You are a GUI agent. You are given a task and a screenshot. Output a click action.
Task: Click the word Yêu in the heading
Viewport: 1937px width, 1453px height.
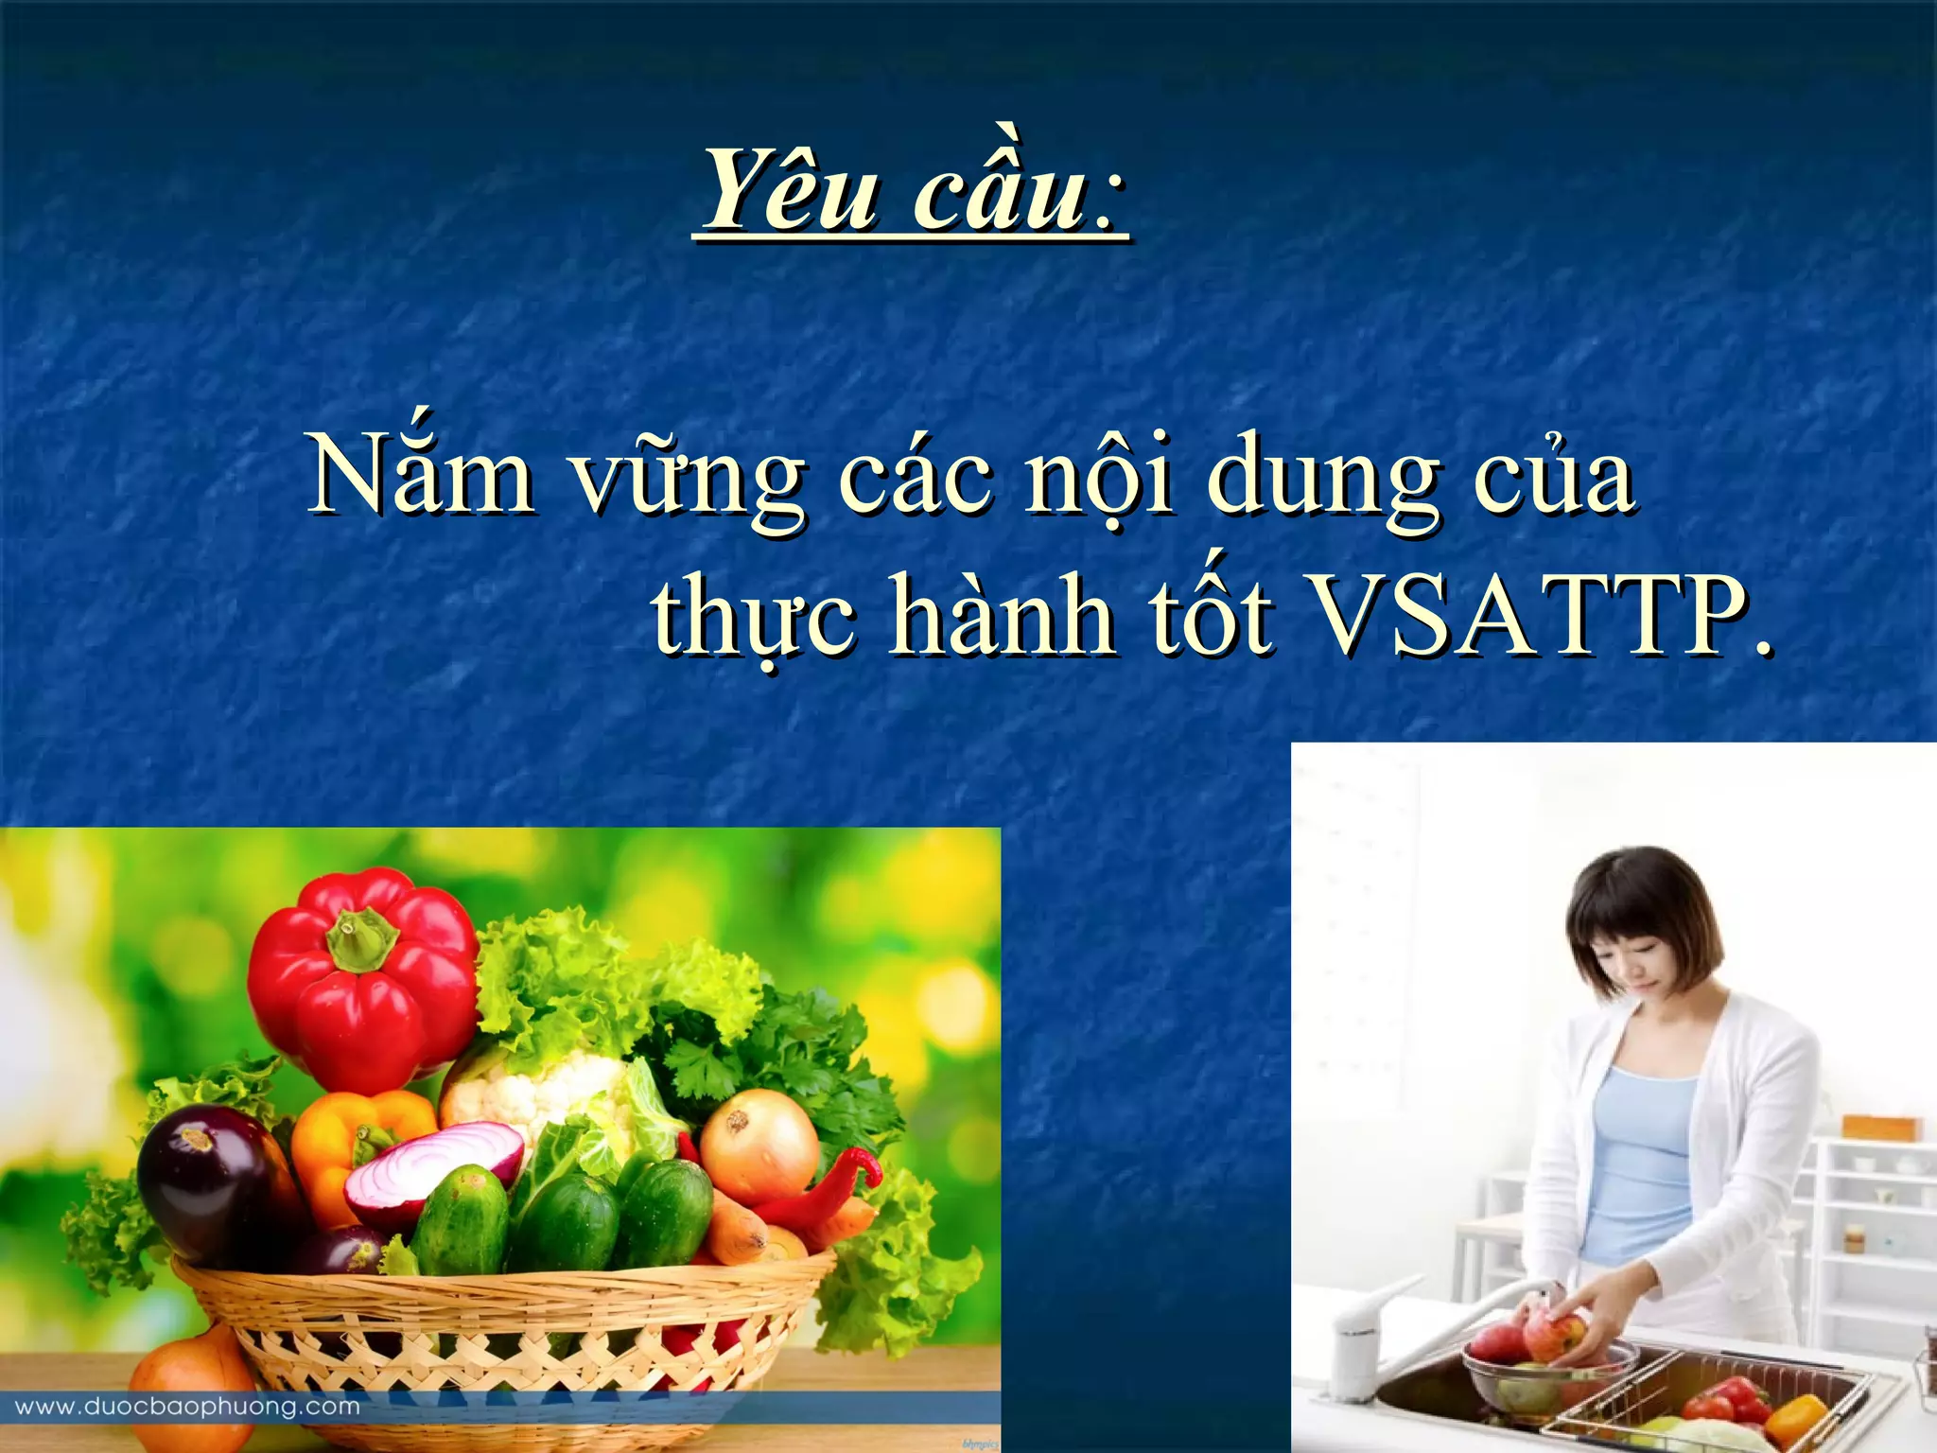point(791,192)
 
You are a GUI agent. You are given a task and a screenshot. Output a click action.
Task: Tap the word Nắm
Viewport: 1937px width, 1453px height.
point(422,475)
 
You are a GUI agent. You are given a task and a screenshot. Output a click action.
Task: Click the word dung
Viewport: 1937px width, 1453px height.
point(1324,482)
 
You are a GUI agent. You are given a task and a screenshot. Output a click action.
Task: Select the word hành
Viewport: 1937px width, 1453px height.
point(1003,615)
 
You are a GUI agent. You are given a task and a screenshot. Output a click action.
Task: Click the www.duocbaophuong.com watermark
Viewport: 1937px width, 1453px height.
point(187,1407)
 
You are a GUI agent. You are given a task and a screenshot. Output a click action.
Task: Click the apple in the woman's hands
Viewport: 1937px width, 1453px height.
point(1551,1334)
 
